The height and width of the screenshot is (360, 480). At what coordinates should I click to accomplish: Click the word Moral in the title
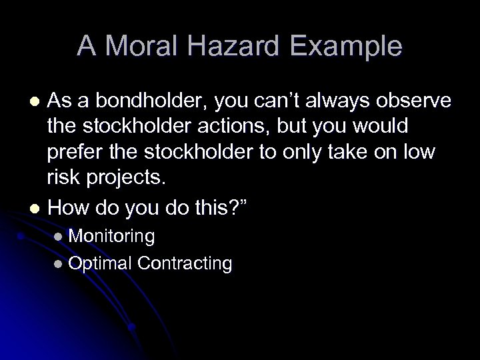[137, 47]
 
